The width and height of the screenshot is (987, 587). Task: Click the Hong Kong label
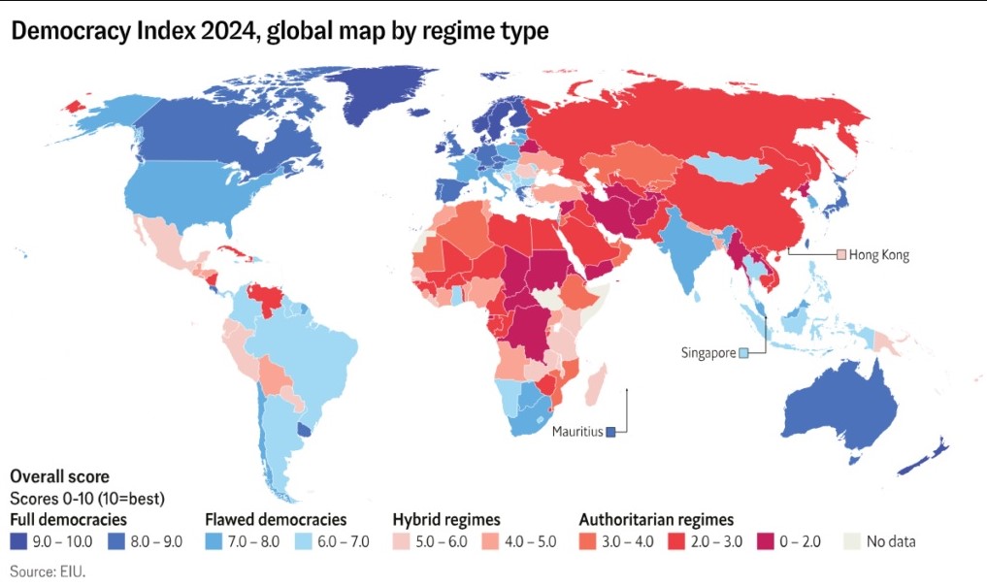coord(878,255)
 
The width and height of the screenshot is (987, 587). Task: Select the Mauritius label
coord(577,431)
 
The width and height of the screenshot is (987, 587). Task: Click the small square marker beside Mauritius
coord(611,432)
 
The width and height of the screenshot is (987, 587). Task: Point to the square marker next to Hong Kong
coord(841,255)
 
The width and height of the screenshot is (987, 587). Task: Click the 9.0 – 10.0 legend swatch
coord(19,541)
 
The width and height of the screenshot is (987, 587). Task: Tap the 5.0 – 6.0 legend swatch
coord(402,541)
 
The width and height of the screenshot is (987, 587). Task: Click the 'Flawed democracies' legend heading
coord(276,520)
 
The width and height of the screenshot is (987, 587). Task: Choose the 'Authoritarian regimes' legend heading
coord(656,520)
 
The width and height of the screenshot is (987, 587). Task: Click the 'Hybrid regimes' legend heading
coord(446,520)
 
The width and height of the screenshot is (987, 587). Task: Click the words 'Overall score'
coord(59,477)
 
